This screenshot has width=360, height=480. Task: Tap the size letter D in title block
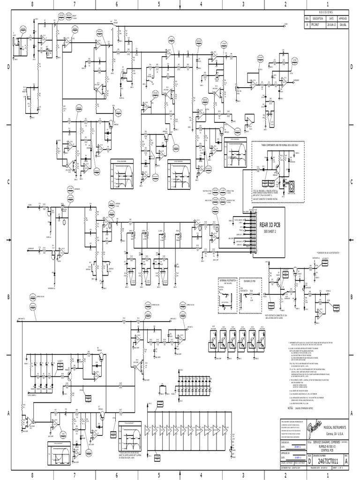tap(309, 461)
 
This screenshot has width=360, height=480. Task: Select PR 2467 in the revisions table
tap(318, 22)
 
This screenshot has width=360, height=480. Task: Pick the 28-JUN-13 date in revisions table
tap(331, 22)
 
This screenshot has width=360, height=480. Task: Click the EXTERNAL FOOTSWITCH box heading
tap(228, 281)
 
